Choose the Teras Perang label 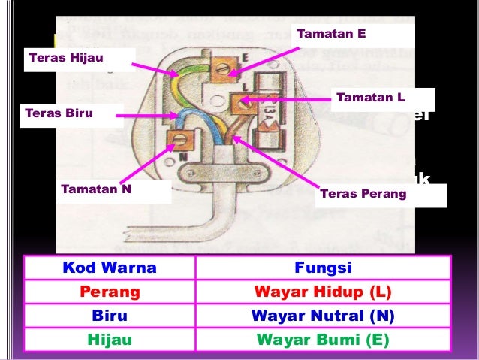click(362, 194)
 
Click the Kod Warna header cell click(110, 268)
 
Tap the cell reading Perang click(110, 292)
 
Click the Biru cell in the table click(110, 316)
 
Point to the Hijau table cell click(110, 340)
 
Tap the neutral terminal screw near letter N click(179, 139)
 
